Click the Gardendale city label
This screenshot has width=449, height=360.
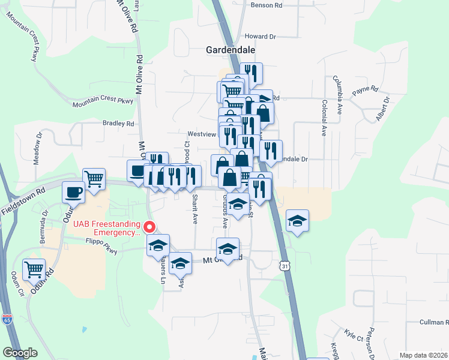click(x=231, y=50)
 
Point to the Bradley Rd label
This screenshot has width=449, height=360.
click(x=118, y=124)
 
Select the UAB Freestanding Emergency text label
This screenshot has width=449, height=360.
click(x=108, y=229)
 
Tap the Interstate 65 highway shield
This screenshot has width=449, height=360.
click(x=7, y=319)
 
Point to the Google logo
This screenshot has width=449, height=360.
click(x=20, y=353)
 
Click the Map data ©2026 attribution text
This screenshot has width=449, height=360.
click(x=423, y=355)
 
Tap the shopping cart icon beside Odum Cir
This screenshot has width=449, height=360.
click(x=34, y=269)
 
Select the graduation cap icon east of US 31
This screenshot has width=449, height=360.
click(x=297, y=221)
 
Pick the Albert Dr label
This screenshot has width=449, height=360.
click(x=383, y=108)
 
